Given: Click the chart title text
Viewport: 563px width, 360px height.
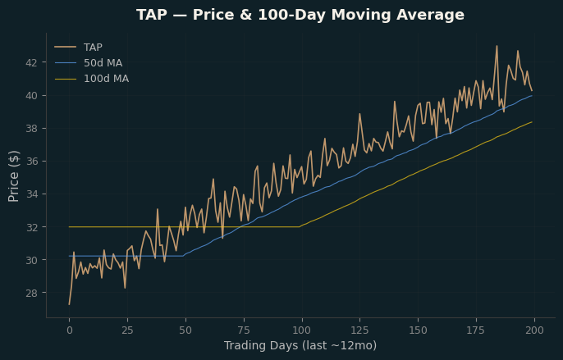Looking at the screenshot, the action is [300, 15].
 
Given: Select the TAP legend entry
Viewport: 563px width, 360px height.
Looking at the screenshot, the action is [79, 47].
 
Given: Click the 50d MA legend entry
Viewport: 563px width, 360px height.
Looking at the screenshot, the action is [89, 63].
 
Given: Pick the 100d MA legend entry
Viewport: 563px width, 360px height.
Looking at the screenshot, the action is [92, 79].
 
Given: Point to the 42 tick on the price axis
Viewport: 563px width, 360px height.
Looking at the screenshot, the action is [31, 63].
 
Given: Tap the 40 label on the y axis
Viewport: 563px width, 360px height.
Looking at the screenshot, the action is [31, 95].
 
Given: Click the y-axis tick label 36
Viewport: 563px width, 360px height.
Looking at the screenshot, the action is [31, 162].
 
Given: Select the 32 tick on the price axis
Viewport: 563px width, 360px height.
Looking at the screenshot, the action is [31, 227].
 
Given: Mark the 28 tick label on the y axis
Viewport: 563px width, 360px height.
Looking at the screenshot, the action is [31, 293].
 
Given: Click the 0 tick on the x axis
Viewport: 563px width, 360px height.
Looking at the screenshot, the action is [69, 330].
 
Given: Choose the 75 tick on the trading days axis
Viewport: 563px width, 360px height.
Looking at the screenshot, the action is [244, 330].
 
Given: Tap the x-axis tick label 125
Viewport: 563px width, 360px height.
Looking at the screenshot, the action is [359, 330].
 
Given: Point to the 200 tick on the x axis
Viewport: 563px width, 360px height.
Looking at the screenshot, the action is [534, 330].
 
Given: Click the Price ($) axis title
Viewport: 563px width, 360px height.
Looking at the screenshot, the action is [14, 175].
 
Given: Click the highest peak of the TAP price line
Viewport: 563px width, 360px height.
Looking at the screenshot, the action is [497, 46].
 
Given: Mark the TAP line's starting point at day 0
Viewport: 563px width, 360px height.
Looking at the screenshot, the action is [69, 304].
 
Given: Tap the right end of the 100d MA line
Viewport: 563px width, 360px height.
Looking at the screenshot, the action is [532, 122].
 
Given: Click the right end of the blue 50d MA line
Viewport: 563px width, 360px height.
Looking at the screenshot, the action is [532, 96].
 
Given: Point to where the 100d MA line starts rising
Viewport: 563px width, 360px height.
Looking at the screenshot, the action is [300, 227].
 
